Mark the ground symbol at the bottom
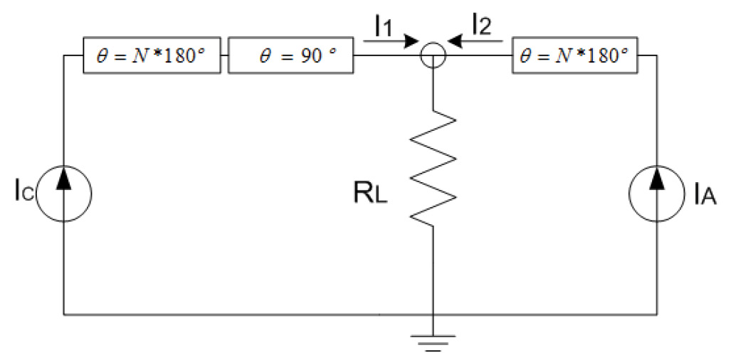pos(432,344)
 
